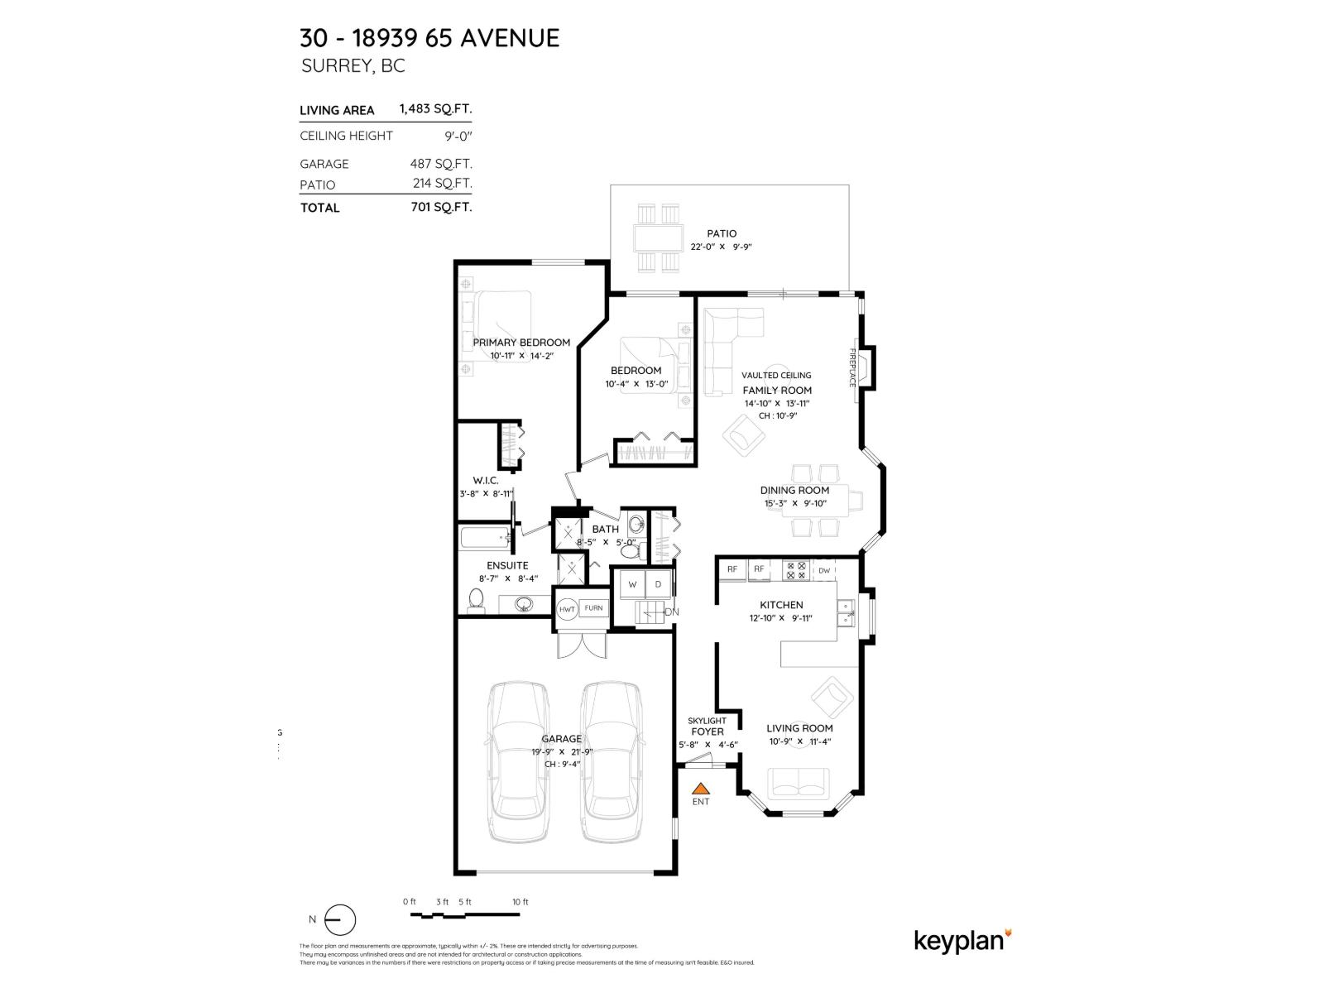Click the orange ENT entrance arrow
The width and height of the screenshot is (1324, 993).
(x=700, y=789)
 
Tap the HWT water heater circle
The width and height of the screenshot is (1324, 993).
(x=567, y=609)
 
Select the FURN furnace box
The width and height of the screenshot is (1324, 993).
(x=593, y=608)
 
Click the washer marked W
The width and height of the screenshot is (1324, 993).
(x=632, y=584)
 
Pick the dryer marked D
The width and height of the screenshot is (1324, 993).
(x=659, y=584)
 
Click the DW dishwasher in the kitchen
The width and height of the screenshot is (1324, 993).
(x=824, y=569)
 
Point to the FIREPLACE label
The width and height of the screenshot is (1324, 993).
(x=851, y=367)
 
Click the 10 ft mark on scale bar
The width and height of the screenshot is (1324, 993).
(x=520, y=902)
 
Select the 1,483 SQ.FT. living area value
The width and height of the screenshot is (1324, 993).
(x=435, y=108)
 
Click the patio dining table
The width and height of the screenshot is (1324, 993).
(x=659, y=239)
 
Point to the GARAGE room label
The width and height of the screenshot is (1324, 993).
(x=561, y=739)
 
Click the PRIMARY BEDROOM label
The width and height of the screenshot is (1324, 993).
(x=521, y=343)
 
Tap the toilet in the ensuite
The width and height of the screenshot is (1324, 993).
(x=476, y=598)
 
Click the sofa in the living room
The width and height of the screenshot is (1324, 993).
(x=799, y=782)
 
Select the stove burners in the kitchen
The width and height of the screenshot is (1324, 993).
(x=795, y=569)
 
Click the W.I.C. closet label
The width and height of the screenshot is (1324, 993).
(x=485, y=480)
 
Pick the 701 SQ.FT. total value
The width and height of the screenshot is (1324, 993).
(x=441, y=207)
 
